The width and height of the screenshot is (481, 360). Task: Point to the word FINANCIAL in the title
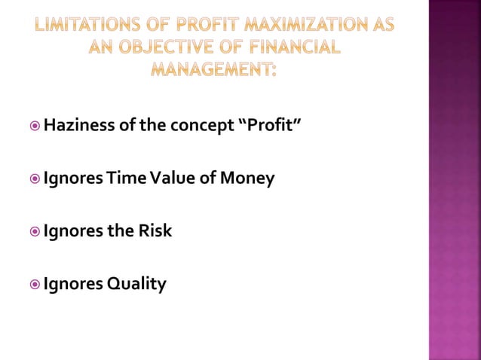[290, 47]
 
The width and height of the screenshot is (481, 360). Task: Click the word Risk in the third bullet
[155, 230]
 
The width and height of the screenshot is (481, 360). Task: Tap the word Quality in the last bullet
[136, 284]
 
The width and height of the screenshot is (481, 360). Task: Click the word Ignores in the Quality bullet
[73, 284]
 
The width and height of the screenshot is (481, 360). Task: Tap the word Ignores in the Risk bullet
[73, 230]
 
